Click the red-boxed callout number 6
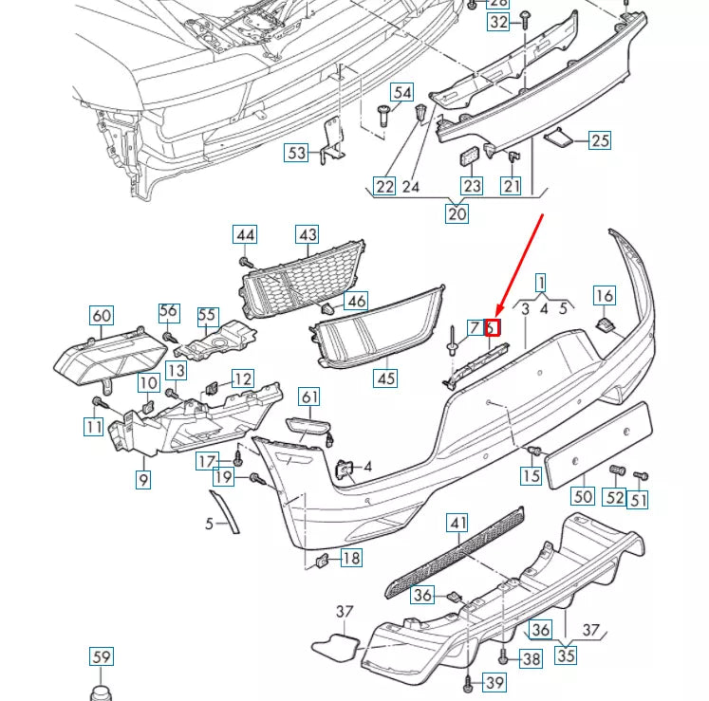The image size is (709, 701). click(492, 328)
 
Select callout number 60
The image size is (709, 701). click(101, 315)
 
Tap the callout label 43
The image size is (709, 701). click(308, 234)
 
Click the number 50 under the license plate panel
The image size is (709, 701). click(583, 495)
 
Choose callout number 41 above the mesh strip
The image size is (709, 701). click(458, 523)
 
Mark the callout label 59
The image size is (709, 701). click(101, 655)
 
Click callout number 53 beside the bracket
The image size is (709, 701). click(297, 152)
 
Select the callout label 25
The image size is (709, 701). click(600, 140)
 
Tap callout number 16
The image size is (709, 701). click(605, 296)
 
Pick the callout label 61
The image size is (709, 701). click(310, 397)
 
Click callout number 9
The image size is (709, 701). click(142, 480)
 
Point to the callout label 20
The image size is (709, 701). click(457, 213)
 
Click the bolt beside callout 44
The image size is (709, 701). click(245, 260)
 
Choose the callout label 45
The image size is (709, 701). click(385, 378)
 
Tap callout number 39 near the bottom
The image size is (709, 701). click(494, 683)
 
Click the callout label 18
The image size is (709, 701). click(351, 558)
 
